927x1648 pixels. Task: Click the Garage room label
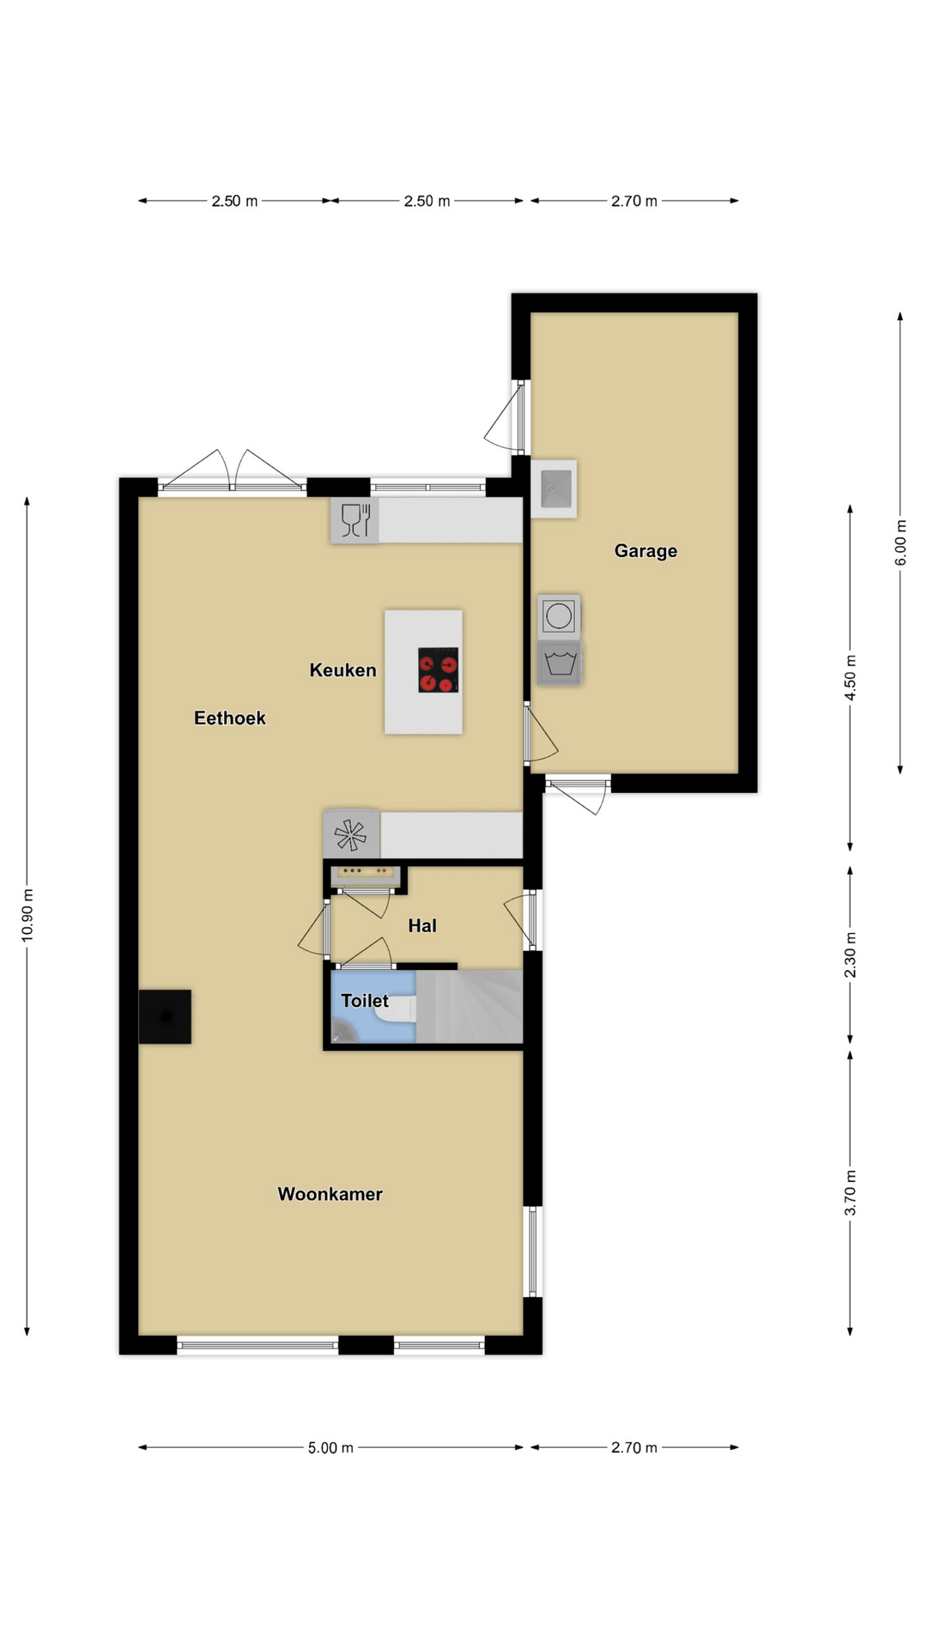(x=645, y=551)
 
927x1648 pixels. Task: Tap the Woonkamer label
(x=330, y=1194)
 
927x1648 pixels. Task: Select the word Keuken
(x=342, y=670)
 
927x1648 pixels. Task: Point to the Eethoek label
(x=229, y=718)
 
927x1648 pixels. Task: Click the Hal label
(x=421, y=925)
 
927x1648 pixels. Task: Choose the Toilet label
(x=365, y=1001)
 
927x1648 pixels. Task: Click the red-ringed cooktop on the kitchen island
(x=438, y=670)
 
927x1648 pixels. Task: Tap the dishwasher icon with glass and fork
(x=354, y=520)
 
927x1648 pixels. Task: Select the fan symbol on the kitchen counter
(x=351, y=833)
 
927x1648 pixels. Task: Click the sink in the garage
(x=554, y=488)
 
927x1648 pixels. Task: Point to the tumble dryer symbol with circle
(x=559, y=616)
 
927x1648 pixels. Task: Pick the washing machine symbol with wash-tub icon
(x=559, y=663)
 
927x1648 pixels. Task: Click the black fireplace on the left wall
(x=165, y=1017)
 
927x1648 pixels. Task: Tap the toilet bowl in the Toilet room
(x=397, y=1009)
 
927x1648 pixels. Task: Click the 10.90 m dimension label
(x=27, y=916)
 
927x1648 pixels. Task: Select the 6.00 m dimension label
(x=900, y=542)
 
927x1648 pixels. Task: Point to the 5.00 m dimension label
(x=330, y=1448)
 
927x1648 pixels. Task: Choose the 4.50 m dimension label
(x=851, y=678)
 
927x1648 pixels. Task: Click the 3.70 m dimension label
(x=851, y=1193)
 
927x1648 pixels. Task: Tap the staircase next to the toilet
(x=470, y=1007)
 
